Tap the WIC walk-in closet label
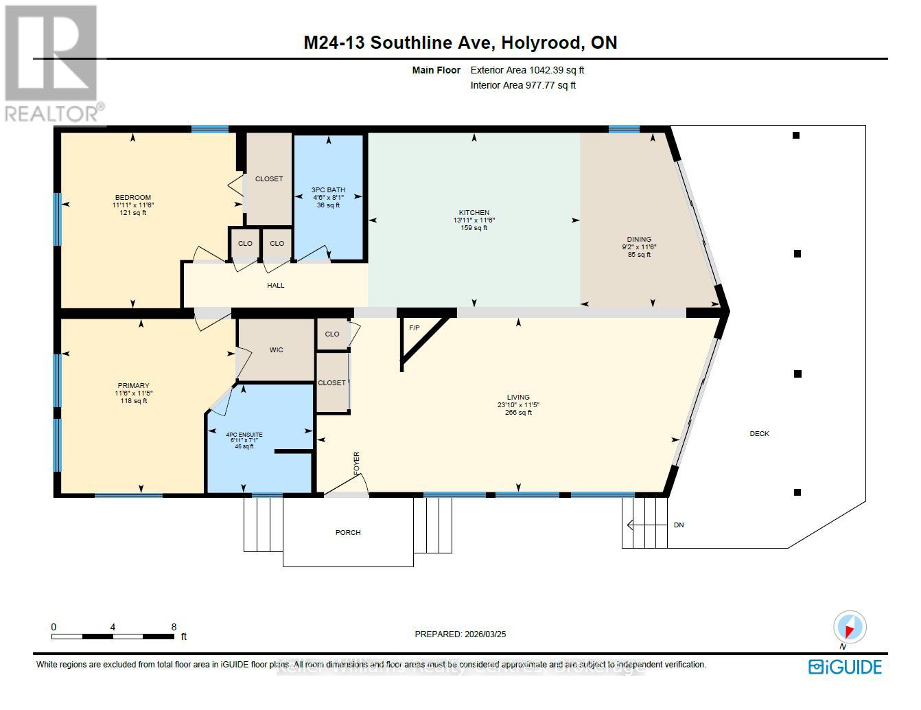coord(276,350)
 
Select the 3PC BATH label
coord(329,190)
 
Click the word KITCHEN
coord(474,213)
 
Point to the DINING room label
coord(639,240)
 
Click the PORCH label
coord(348,533)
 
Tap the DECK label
coord(759,434)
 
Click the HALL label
coord(275,286)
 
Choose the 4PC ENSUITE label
coord(244,435)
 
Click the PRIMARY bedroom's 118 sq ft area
coord(134,401)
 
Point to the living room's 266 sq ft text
coord(518,413)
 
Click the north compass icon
coord(850,628)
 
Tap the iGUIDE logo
coord(845,667)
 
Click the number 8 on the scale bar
coord(174,627)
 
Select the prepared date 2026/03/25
coord(483,634)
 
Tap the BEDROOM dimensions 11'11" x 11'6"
coord(133,205)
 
